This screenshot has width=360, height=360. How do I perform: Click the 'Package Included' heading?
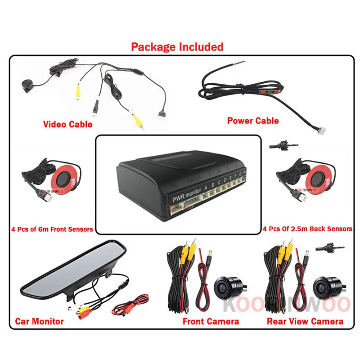[x=177, y=46]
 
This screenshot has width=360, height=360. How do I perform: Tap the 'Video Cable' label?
[x=67, y=124]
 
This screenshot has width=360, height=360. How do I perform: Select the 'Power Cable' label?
[x=253, y=120]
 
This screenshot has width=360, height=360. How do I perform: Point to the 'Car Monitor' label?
[x=40, y=321]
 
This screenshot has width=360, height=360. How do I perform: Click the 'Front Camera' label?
[x=211, y=321]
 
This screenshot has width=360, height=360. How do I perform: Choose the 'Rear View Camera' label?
[x=305, y=321]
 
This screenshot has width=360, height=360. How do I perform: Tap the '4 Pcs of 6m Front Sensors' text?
[x=52, y=229]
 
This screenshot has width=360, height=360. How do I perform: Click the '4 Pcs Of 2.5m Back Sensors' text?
[x=307, y=229]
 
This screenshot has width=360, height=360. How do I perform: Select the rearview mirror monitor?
[x=72, y=270]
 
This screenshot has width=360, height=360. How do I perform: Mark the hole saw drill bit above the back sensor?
[x=283, y=145]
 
